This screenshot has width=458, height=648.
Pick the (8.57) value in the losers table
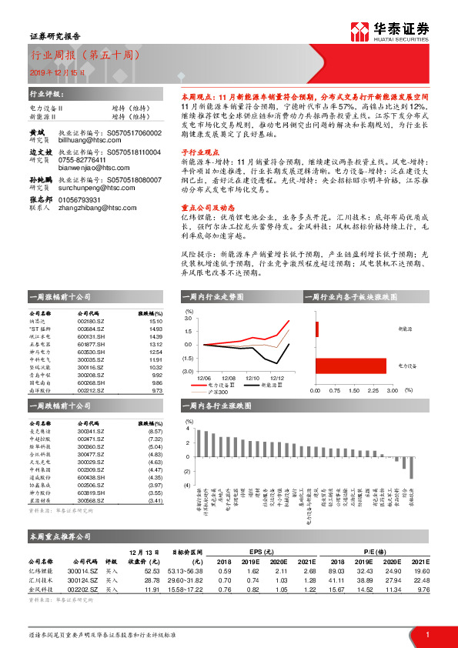click(x=155, y=432)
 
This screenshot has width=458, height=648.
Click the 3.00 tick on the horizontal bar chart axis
click(x=390, y=390)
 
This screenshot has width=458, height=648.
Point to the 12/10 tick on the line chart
click(x=253, y=378)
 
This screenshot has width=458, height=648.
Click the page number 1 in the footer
click(x=426, y=633)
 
